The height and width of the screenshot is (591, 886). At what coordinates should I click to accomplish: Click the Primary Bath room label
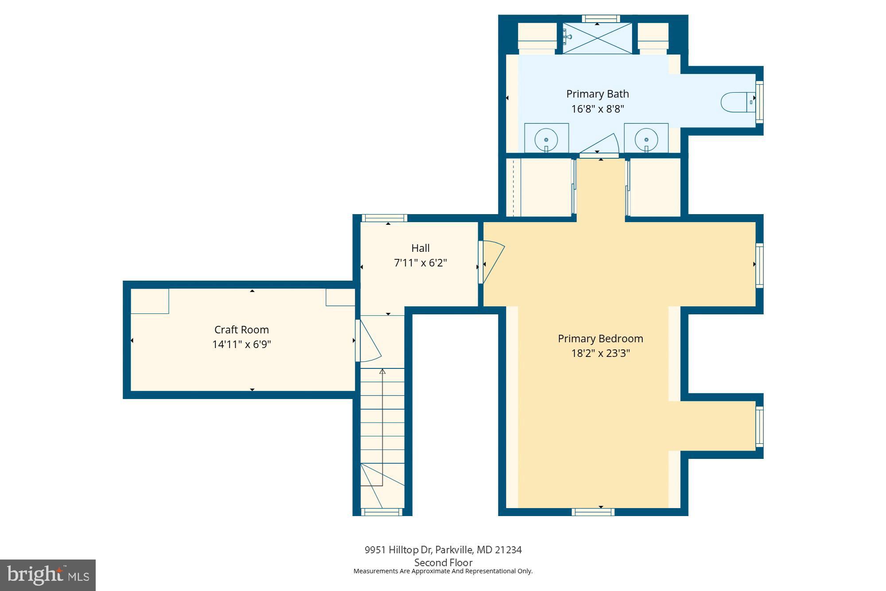pos(597,94)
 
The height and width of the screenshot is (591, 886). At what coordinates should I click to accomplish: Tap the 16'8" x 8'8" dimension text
pos(597,109)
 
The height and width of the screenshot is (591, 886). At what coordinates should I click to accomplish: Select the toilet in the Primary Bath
pos(737,102)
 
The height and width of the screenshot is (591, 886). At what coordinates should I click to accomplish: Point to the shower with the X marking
pos(597,38)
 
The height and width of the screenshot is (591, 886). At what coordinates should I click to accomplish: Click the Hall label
pos(420,248)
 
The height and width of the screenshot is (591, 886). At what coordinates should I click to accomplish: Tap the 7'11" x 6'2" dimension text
pos(420,263)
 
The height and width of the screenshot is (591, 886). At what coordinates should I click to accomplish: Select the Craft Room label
pos(241,330)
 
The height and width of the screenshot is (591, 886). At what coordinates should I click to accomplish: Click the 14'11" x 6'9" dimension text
pos(241,344)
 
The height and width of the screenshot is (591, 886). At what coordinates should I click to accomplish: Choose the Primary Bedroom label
pos(600,339)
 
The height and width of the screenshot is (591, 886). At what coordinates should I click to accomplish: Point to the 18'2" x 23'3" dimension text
pos(600,353)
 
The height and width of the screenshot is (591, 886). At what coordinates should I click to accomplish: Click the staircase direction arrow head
pos(382,371)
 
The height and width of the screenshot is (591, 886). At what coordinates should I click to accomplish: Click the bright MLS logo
pos(48,575)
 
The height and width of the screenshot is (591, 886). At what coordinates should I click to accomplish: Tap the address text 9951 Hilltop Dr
pos(398,550)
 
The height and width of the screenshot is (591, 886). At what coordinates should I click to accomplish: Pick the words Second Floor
pos(443,563)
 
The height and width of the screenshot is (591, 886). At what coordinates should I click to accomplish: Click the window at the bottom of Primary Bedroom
pos(593,512)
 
